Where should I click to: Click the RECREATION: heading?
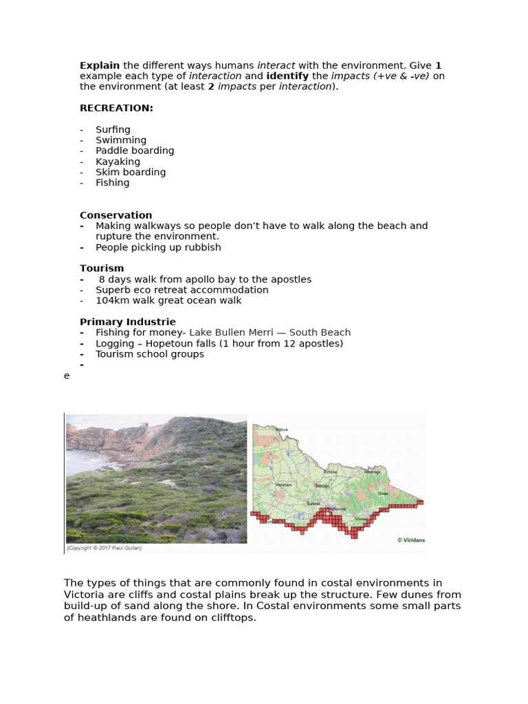tap(116, 108)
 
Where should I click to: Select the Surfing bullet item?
tap(113, 129)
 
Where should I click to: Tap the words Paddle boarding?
tap(135, 151)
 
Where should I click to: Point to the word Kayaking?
tap(118, 162)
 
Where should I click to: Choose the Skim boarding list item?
tap(131, 172)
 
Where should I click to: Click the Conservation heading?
tap(115, 215)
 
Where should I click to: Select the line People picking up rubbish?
tap(158, 247)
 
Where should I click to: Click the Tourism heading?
tap(102, 268)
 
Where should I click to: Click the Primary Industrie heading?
tap(128, 322)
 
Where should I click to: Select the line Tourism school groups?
tap(150, 354)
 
